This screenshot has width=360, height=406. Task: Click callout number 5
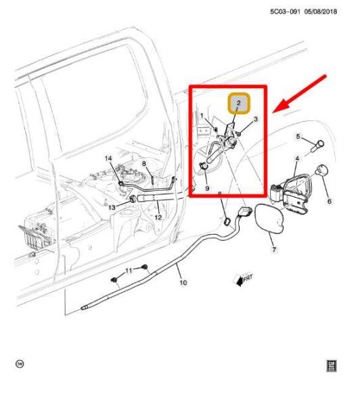point(297,137)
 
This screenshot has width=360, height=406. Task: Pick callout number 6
point(330,201)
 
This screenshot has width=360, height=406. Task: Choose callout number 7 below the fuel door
point(274,250)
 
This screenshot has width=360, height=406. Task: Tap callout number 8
point(143,164)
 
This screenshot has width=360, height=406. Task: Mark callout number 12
point(157,217)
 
